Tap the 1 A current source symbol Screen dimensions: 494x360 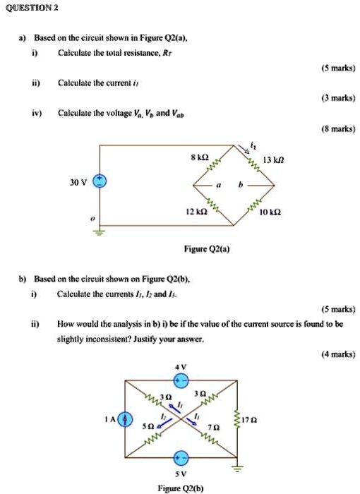tap(126, 419)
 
